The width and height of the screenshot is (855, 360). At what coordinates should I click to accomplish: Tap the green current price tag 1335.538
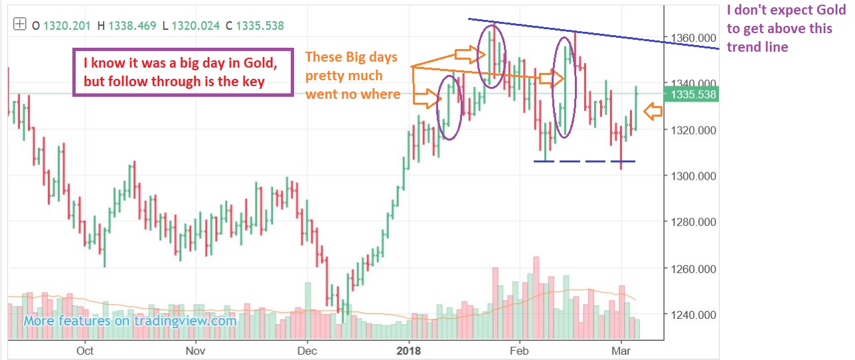click(694, 95)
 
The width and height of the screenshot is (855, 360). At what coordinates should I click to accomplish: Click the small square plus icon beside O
click(19, 25)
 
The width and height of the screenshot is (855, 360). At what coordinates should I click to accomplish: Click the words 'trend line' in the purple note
click(757, 47)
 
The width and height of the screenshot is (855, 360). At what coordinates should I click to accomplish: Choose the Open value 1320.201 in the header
click(66, 26)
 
